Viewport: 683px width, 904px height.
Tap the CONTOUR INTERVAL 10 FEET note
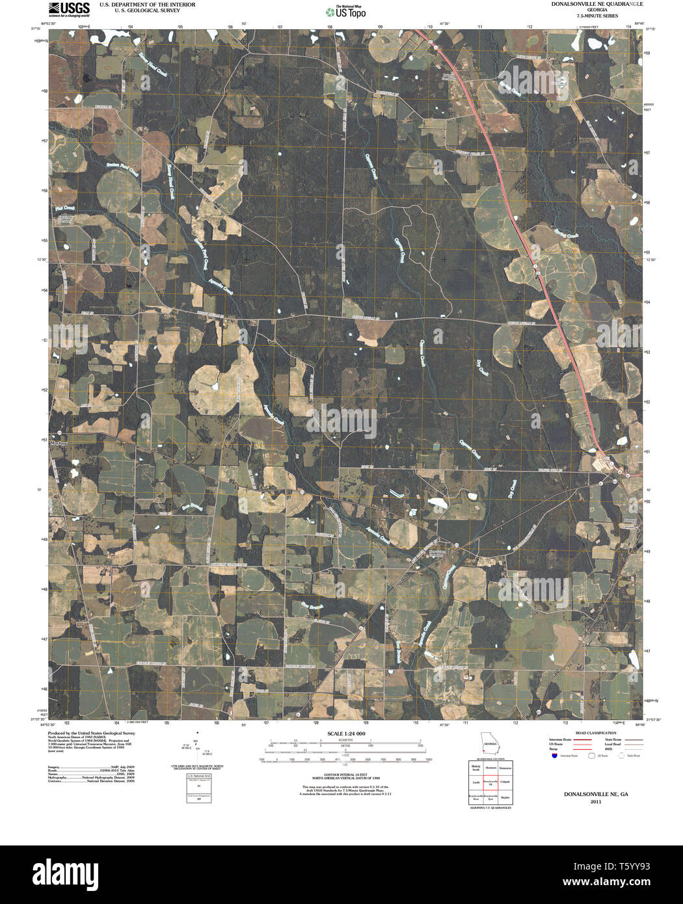pos(345,775)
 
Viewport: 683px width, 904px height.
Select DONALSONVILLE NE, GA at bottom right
pos(596,794)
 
